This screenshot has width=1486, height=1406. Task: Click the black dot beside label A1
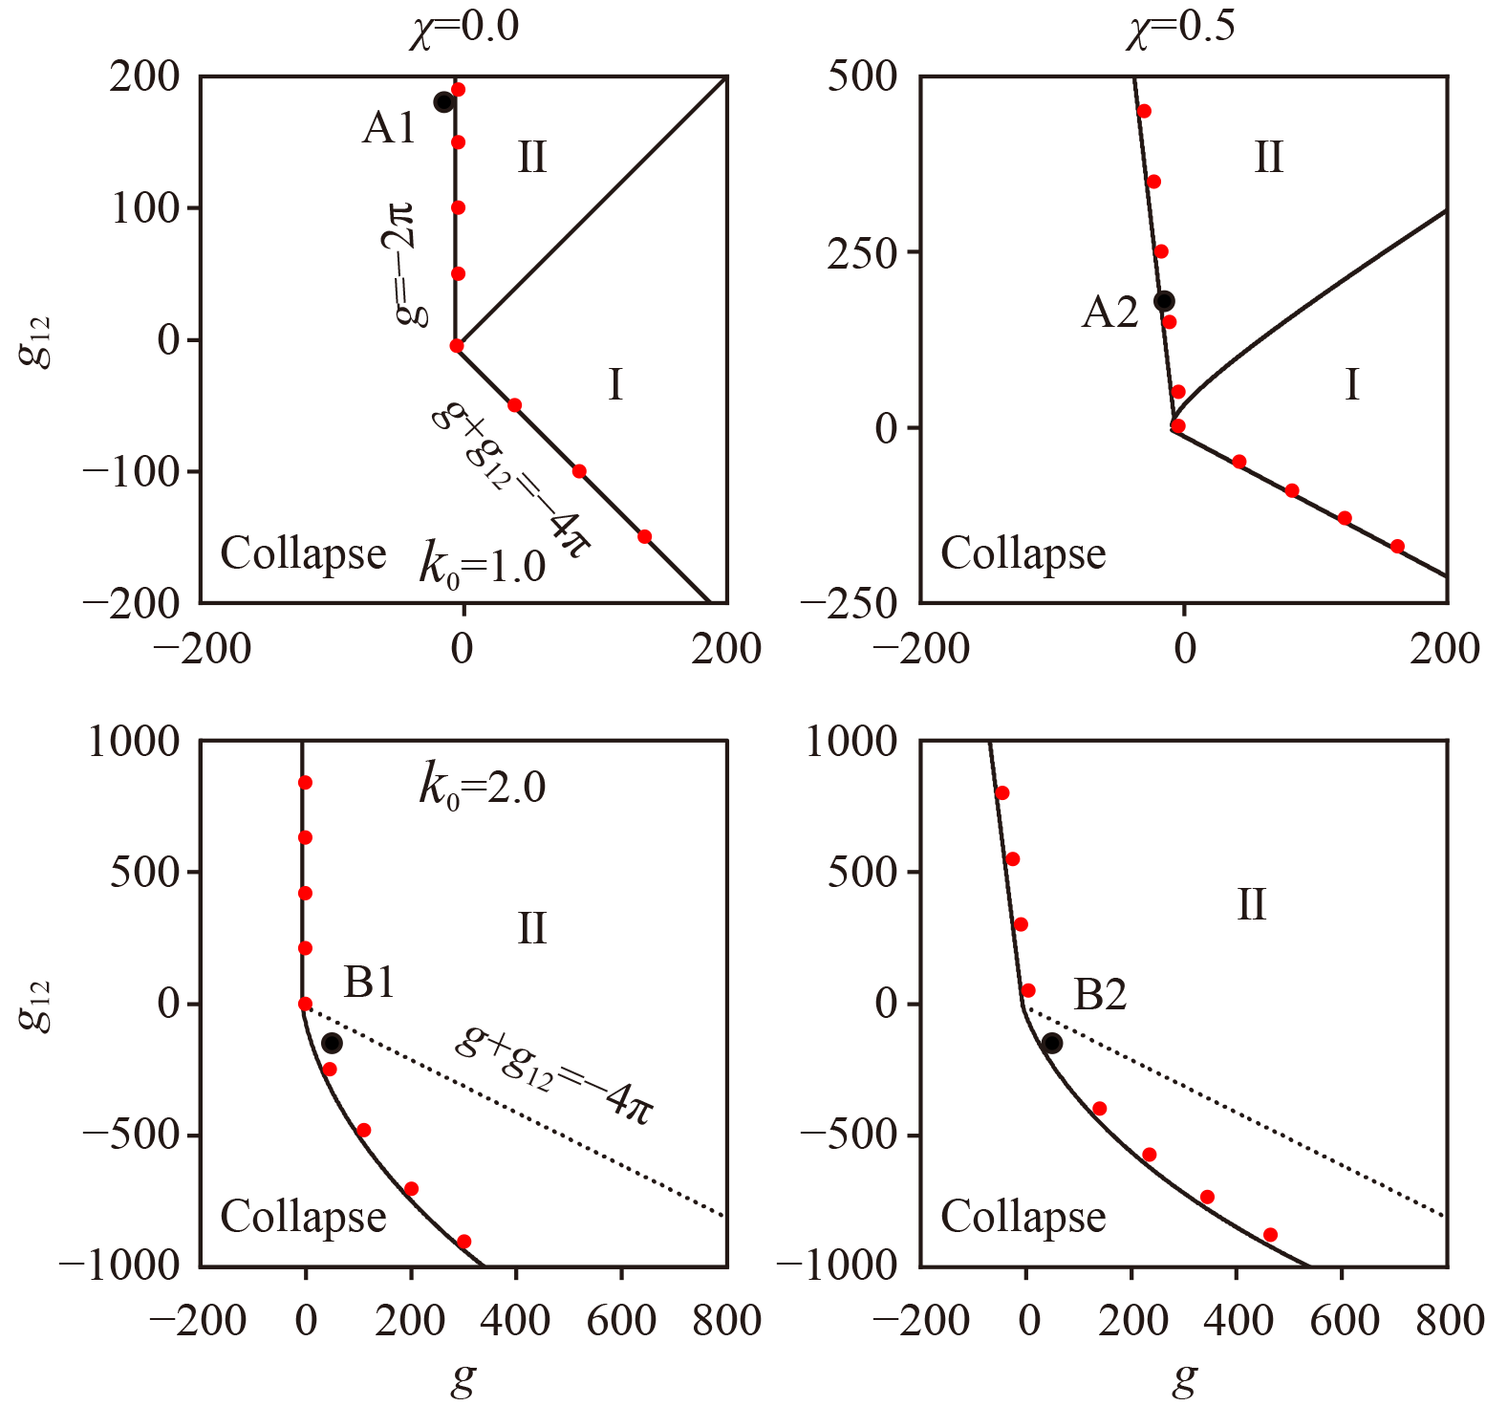(443, 102)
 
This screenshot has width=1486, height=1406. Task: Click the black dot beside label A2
(1164, 301)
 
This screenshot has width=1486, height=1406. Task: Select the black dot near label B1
(332, 1043)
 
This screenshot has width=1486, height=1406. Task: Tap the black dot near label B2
(1052, 1043)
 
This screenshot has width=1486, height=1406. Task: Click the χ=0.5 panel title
(1179, 27)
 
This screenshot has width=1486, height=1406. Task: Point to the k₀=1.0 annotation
(483, 566)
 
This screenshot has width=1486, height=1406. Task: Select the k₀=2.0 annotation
(483, 787)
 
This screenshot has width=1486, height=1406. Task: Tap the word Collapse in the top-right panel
(1023, 553)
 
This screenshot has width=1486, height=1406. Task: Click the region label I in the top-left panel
(615, 385)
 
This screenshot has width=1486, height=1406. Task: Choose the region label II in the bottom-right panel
(1251, 904)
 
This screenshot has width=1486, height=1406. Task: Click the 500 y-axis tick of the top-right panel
(862, 76)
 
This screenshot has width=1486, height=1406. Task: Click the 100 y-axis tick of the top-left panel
(146, 207)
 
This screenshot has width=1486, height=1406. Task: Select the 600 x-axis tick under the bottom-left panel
(621, 1320)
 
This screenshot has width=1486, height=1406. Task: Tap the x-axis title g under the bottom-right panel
(1185, 1378)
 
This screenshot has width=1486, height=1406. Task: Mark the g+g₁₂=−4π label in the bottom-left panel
(554, 1075)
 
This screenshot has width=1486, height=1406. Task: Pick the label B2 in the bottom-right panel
(1100, 995)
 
